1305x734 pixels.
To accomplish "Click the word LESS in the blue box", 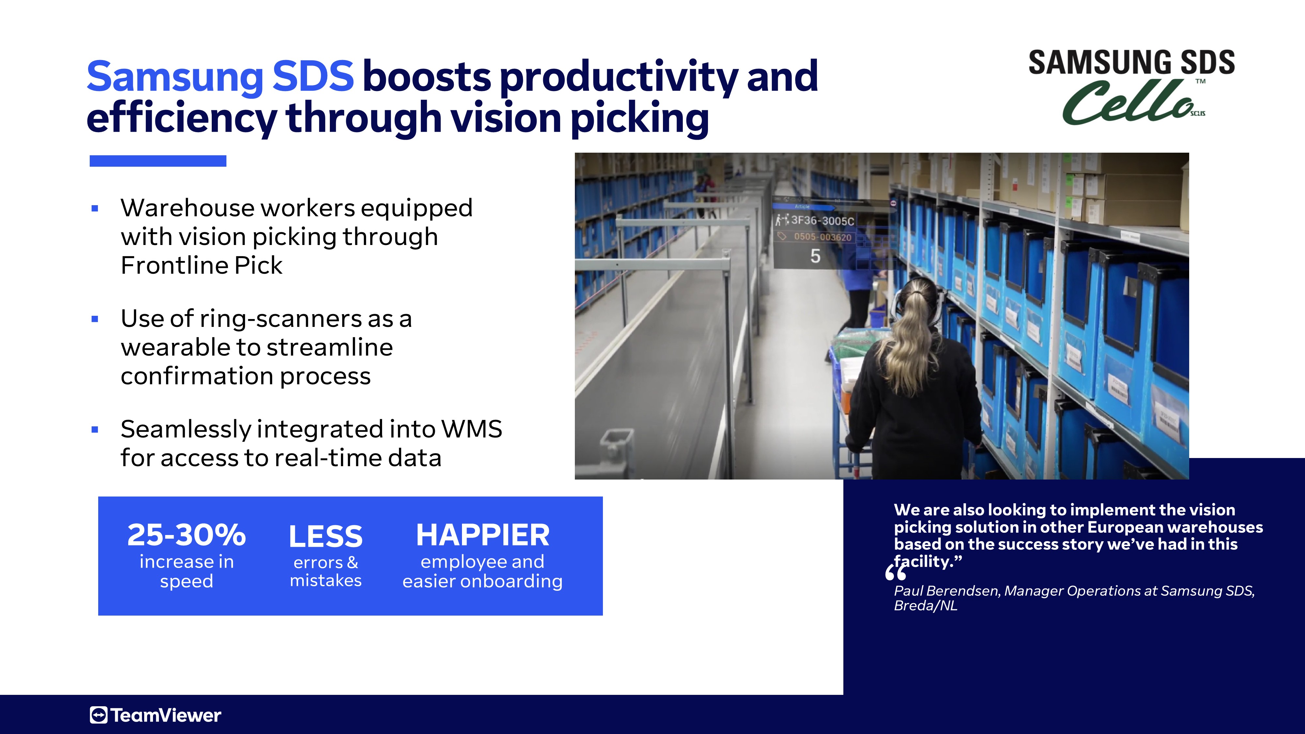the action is [x=326, y=536].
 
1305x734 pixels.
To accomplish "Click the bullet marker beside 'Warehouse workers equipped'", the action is [x=95, y=208].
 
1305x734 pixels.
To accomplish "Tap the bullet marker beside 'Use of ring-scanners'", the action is [x=95, y=319].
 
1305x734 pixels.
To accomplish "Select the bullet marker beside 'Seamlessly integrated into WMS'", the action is [x=95, y=430].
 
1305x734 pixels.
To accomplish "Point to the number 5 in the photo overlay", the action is [x=815, y=256].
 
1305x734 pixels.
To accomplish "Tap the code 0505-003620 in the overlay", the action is [x=823, y=237].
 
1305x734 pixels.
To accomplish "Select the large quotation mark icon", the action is [x=896, y=573].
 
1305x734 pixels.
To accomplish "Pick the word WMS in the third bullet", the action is [x=472, y=429].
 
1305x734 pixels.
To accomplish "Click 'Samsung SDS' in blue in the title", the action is [x=220, y=76].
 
